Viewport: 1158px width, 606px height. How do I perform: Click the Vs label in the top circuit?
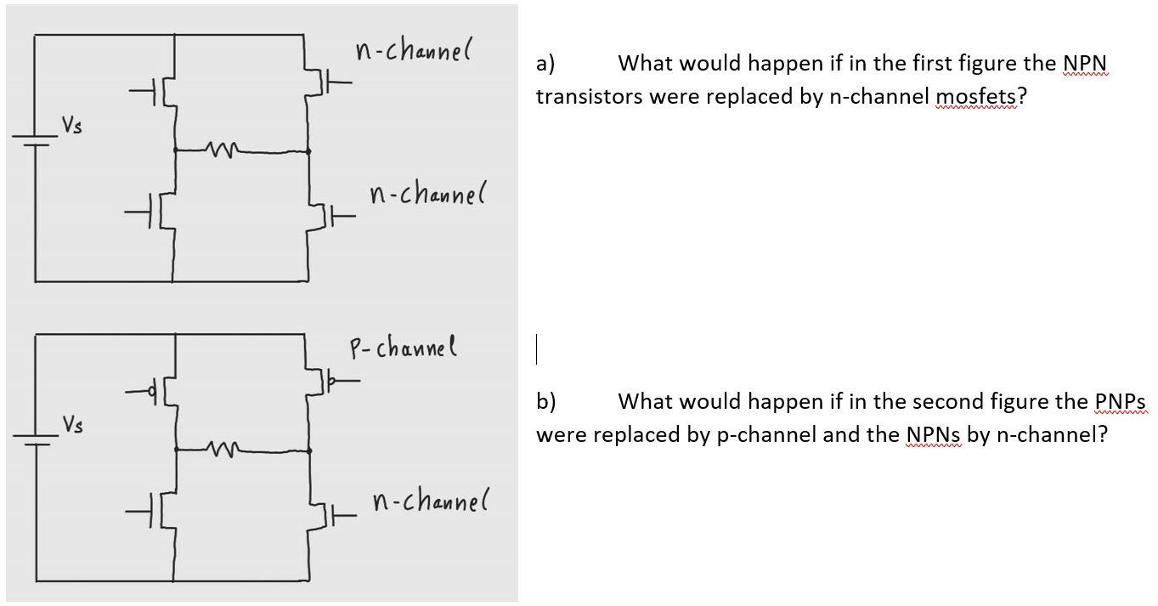point(73,127)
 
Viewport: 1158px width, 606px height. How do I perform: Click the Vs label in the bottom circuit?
point(73,424)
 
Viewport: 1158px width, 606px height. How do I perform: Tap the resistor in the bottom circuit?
point(223,448)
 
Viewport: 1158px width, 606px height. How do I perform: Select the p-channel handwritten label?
point(404,348)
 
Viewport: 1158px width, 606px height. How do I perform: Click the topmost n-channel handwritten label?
point(414,52)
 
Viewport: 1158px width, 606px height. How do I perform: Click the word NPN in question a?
point(1084,64)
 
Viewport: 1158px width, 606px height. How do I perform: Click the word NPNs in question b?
point(934,435)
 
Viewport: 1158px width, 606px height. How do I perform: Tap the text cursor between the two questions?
point(536,349)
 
